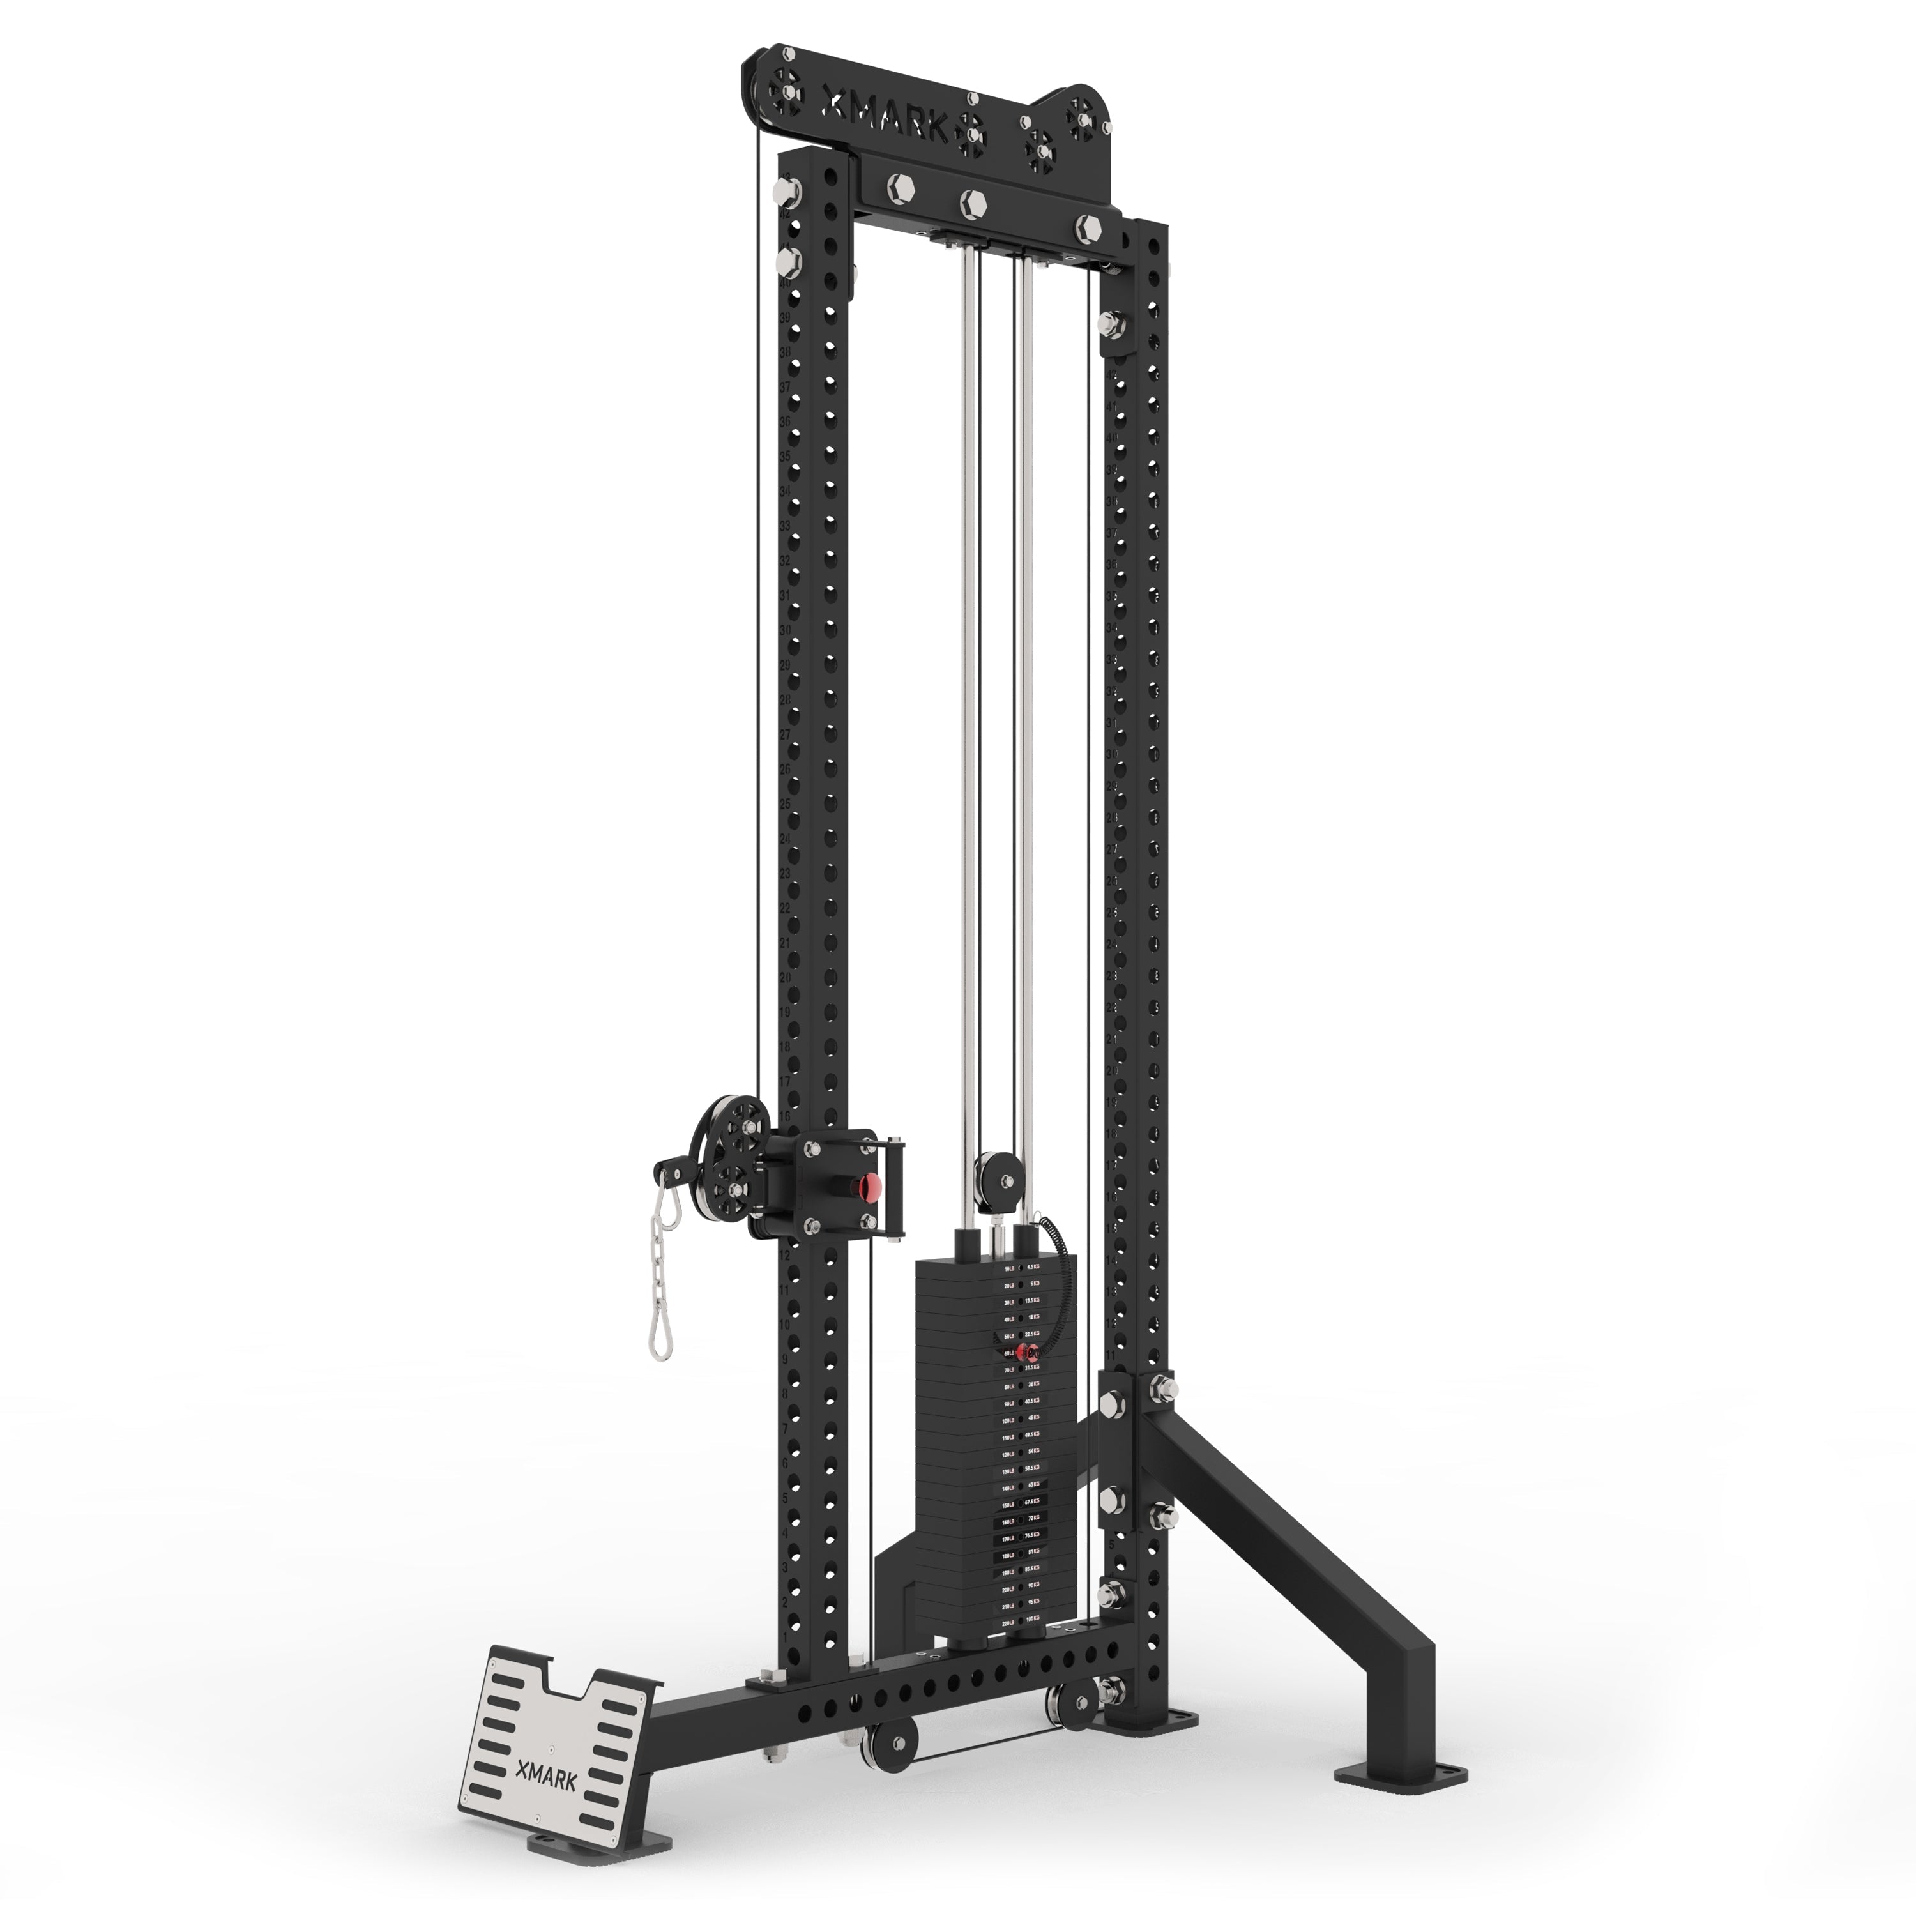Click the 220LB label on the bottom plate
tap(1008, 1622)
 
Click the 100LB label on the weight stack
tap(1008, 1421)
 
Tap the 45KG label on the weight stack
tap(1033, 1417)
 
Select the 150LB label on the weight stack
tap(1008, 1505)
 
